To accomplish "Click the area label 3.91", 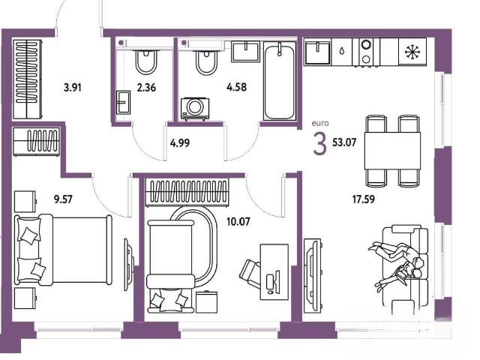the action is tap(73, 88).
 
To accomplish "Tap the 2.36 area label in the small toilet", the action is tap(146, 88).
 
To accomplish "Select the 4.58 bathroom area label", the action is tap(236, 87).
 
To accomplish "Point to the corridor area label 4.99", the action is tap(180, 143).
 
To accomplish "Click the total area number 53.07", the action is tap(344, 142).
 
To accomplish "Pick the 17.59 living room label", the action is tap(363, 199).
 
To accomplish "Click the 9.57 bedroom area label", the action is tap(63, 199).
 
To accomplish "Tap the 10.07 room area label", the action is tap(238, 221).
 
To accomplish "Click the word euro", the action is tap(320, 123).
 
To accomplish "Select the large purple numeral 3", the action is tap(320, 144).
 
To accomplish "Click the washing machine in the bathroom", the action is tap(195, 109).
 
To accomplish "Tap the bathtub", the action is tap(280, 81).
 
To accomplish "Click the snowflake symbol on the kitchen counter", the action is tap(412, 52).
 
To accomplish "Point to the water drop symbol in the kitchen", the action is tap(342, 50).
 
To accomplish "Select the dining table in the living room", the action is tap(392, 151).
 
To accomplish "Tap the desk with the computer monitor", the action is tap(274, 272).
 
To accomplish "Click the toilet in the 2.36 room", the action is tap(146, 61).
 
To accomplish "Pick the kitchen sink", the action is tap(318, 52).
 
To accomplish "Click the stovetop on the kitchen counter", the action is tap(366, 52).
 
